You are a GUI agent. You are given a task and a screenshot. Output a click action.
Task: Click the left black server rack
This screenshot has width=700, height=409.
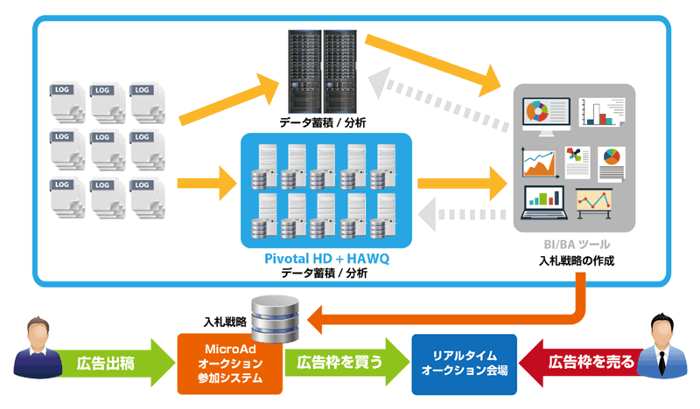[x=304, y=69]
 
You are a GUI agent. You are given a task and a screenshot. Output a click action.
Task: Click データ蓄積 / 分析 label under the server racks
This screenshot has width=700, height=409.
[x=323, y=123]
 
